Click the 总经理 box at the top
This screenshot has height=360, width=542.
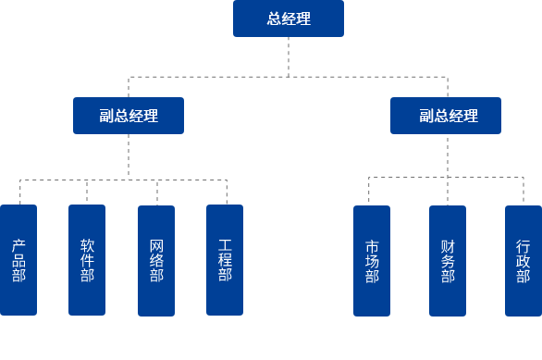click(x=288, y=19)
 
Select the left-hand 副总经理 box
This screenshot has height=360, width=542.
click(x=129, y=116)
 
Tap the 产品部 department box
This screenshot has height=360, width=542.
click(x=18, y=260)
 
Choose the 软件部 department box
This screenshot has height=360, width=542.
click(x=87, y=260)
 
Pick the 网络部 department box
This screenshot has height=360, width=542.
click(x=156, y=260)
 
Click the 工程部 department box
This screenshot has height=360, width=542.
click(x=225, y=260)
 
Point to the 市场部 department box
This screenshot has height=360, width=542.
click(x=372, y=260)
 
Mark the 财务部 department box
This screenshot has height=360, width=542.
click(x=448, y=260)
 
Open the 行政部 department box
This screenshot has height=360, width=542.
click(x=523, y=260)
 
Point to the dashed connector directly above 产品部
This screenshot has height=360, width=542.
click(x=19, y=192)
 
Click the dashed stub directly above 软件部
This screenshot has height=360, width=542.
click(x=87, y=192)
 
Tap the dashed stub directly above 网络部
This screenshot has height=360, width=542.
click(x=156, y=192)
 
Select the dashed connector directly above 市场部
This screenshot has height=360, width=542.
click(x=371, y=190)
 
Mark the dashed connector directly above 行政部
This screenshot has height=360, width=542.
click(x=523, y=190)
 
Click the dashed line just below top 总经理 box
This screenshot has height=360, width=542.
click(x=288, y=56)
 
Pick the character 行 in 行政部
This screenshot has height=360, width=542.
click(x=523, y=247)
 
